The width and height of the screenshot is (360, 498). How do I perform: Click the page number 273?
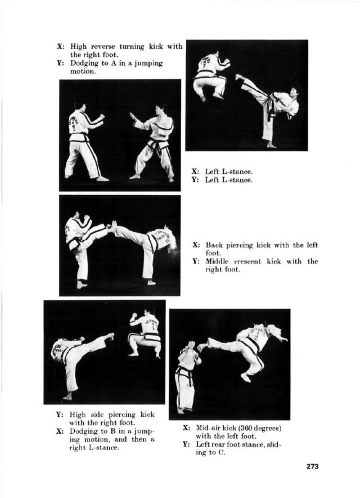(312, 466)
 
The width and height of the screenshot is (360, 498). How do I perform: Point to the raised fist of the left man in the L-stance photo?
(101, 117)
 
